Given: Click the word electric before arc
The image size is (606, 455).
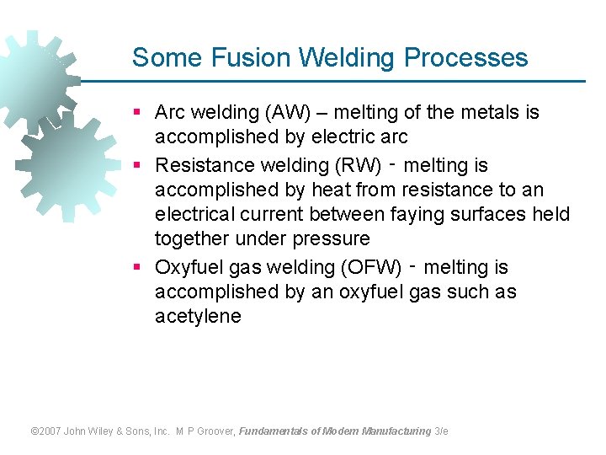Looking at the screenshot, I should [x=343, y=136].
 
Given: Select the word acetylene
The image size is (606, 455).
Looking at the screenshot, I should [x=198, y=317].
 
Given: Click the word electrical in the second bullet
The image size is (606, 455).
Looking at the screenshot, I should [x=194, y=214].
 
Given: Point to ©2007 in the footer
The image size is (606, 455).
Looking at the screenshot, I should [x=45, y=431].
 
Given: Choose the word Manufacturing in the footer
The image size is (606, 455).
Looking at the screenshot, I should [x=396, y=431].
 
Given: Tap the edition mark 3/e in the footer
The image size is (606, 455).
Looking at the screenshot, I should [x=441, y=431].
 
